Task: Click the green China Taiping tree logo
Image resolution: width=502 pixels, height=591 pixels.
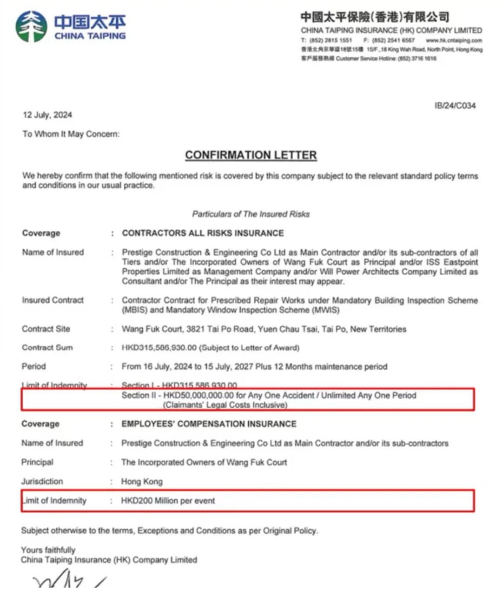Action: [x=32, y=27]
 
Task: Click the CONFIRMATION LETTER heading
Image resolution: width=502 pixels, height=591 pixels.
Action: [x=251, y=155]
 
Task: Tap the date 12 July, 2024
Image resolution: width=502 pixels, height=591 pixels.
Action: [x=47, y=115]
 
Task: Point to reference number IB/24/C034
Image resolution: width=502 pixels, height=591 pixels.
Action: [x=455, y=106]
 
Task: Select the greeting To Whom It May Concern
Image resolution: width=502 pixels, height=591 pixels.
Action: [x=71, y=134]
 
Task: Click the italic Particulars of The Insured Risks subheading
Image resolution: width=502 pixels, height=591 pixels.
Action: [x=251, y=214]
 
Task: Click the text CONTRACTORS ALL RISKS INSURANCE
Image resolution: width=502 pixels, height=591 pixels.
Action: [x=203, y=233]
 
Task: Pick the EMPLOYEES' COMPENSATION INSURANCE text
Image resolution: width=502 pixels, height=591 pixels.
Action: [x=209, y=424]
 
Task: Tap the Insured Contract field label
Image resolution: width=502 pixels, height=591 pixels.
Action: [x=53, y=300]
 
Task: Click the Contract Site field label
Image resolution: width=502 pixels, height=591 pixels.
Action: [x=46, y=329]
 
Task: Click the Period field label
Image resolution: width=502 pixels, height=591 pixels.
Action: [x=33, y=366]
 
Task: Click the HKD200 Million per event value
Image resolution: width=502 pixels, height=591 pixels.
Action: [x=168, y=501]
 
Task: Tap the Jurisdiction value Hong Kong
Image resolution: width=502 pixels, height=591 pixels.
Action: [x=142, y=481]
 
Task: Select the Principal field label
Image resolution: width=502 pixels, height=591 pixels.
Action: [x=37, y=462]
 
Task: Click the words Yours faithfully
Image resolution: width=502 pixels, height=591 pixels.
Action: [x=48, y=550]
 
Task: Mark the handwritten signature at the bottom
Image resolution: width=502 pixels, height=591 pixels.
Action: [x=70, y=581]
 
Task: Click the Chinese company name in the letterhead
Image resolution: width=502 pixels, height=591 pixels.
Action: [x=375, y=17]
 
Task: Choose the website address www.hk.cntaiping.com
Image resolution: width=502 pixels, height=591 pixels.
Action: [x=454, y=40]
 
